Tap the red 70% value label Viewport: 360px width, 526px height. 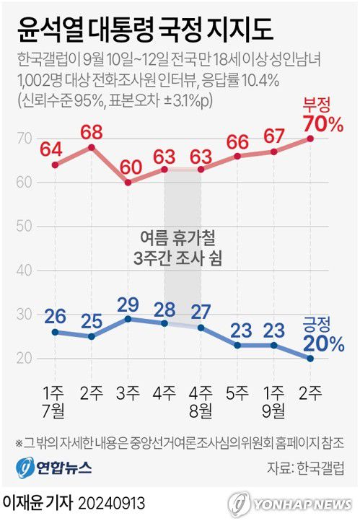(x=322, y=124)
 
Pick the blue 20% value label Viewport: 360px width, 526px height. (x=322, y=343)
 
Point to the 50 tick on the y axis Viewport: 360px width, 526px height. (x=25, y=227)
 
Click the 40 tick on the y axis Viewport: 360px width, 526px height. (x=25, y=271)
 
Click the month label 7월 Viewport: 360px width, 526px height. (x=55, y=411)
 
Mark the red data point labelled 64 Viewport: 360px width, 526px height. (x=55, y=165)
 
